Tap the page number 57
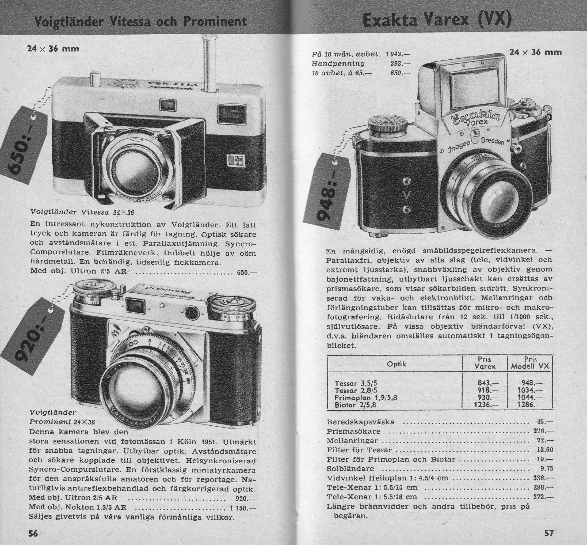pos(549,533)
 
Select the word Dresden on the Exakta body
pos(493,141)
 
